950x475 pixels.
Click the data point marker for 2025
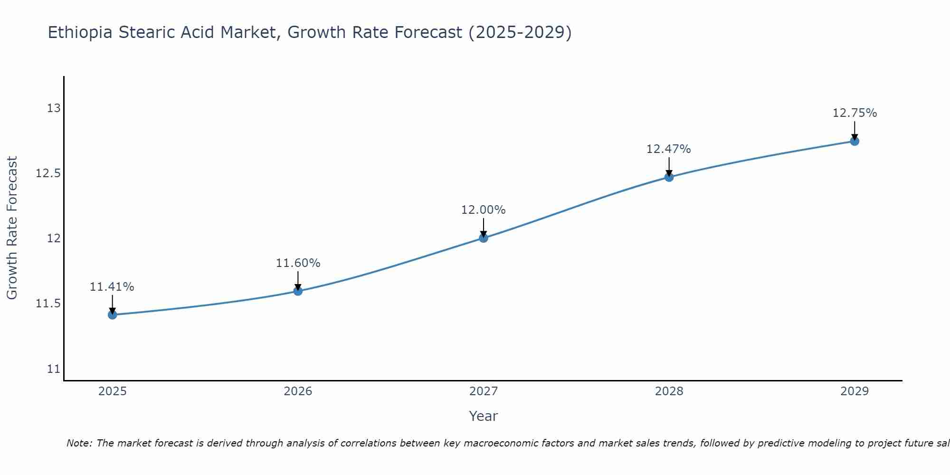tap(112, 314)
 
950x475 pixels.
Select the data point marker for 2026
tap(298, 291)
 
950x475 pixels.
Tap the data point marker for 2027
tap(484, 237)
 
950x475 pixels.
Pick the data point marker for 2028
tap(669, 177)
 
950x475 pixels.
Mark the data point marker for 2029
tap(855, 141)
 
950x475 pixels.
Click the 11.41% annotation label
tap(112, 287)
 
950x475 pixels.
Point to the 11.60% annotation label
tap(298, 263)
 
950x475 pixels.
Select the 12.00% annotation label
tap(484, 210)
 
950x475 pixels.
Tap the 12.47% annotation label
tap(669, 149)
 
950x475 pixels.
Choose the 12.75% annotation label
tap(855, 113)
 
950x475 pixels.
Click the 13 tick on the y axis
tap(54, 108)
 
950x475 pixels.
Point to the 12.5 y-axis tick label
tap(48, 173)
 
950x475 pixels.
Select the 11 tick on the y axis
tap(54, 369)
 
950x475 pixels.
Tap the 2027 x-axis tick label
tap(484, 391)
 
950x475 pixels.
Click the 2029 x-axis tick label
tap(855, 391)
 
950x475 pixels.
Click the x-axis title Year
tap(484, 416)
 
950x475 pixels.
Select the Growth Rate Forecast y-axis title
tap(12, 228)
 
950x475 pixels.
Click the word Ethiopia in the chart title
tap(80, 33)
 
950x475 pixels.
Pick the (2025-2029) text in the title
tap(520, 33)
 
